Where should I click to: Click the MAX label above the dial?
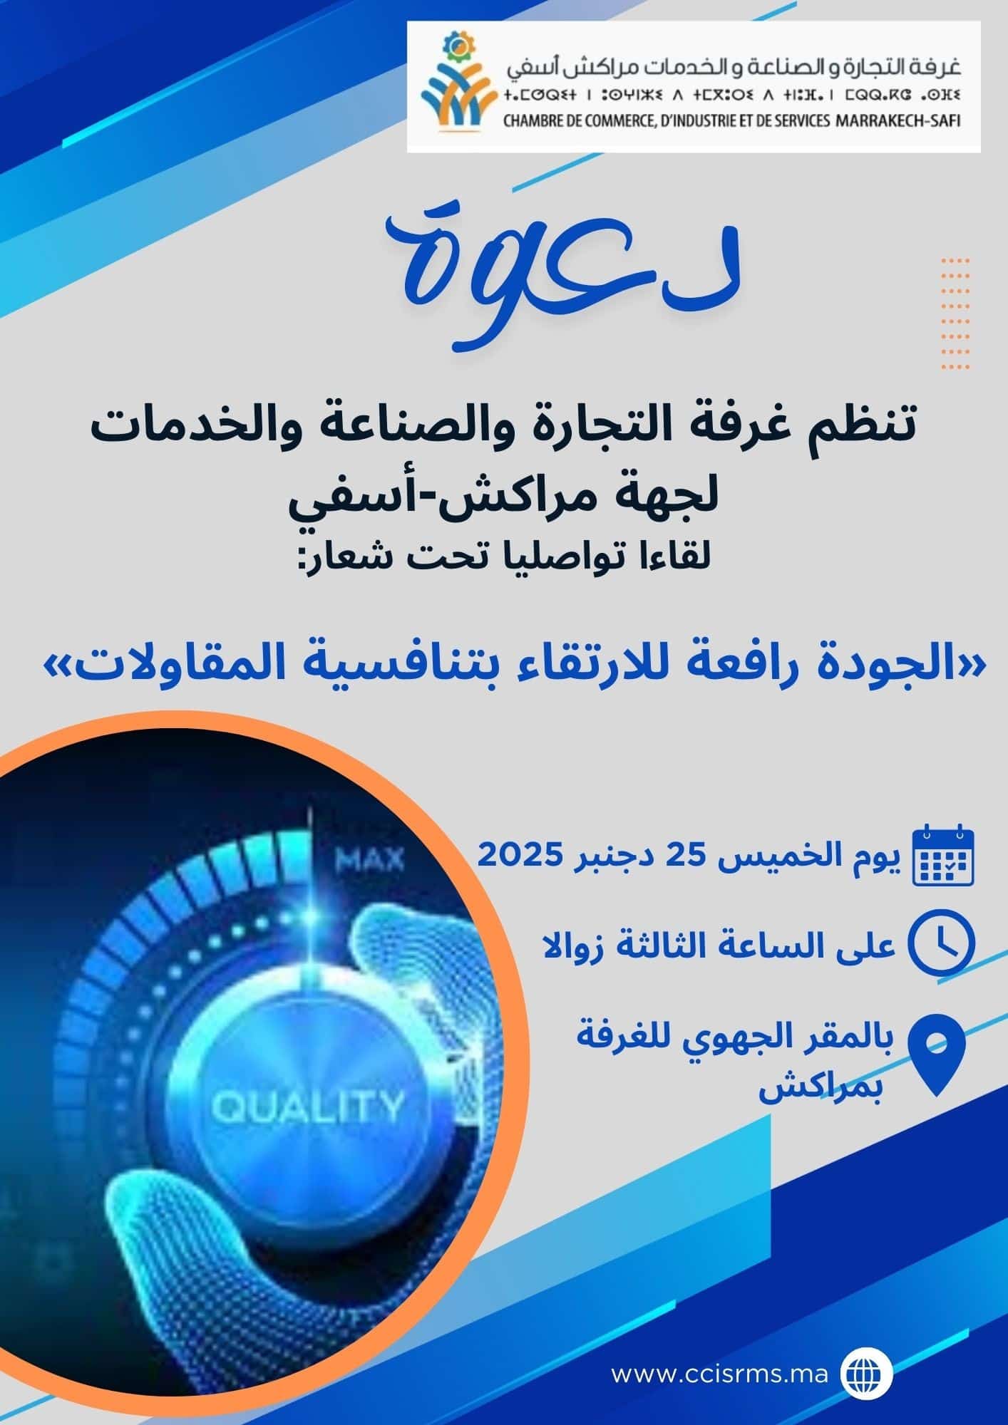(369, 860)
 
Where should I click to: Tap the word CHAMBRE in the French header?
(529, 120)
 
